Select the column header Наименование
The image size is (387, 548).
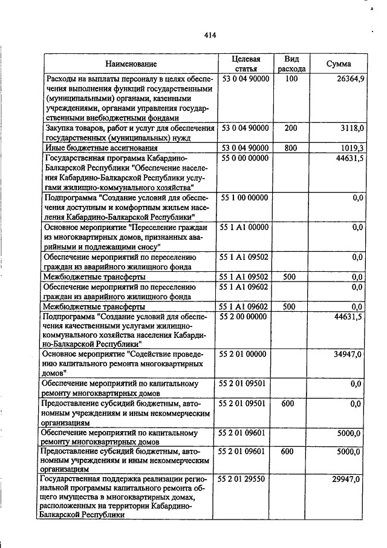[x=131, y=64]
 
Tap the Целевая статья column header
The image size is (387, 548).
[x=246, y=64]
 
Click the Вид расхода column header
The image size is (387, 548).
[x=291, y=64]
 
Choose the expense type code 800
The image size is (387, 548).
[x=290, y=148]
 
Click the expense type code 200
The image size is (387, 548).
[x=291, y=128]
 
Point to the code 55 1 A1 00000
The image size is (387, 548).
[x=246, y=227]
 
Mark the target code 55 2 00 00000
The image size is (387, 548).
[x=246, y=316]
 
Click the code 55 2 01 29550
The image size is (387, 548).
[x=246, y=479]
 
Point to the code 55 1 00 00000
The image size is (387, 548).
[x=246, y=197]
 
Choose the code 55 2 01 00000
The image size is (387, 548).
[x=246, y=354]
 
